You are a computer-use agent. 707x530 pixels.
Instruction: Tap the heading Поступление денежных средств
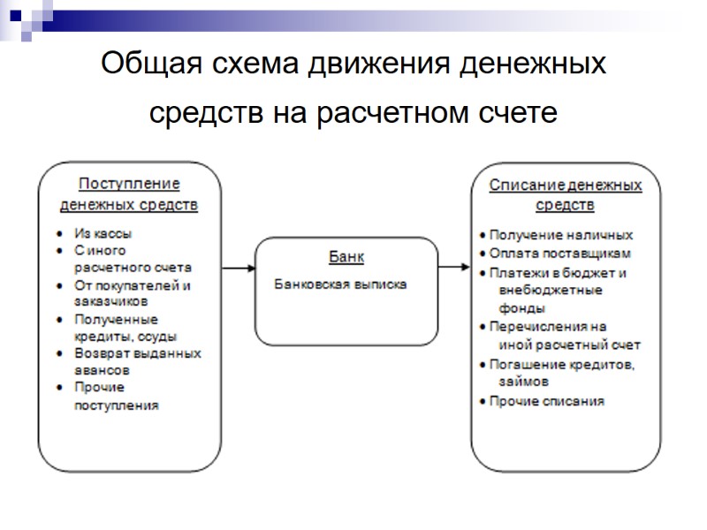coord(129,195)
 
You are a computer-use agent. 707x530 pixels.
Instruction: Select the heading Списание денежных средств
coord(566,195)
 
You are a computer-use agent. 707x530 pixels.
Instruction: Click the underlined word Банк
coord(346,256)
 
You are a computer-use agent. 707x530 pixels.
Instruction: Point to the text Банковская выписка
coord(340,285)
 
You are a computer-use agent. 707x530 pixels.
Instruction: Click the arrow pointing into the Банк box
coord(238,268)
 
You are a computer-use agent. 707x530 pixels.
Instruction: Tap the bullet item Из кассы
coord(103,234)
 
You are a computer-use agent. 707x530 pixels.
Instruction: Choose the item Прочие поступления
coord(117,397)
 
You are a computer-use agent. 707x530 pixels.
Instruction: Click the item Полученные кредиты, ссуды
coord(124,328)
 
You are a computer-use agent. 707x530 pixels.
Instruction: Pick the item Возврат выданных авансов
coord(136,362)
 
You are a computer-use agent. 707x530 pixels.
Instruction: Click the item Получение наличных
coord(561,235)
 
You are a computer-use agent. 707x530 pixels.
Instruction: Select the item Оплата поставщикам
coord(560,254)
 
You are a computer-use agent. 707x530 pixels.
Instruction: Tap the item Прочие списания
coord(547,401)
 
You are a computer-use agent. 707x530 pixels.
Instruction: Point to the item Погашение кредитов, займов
coord(562,373)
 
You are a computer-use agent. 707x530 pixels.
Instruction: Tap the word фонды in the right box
coord(521,308)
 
